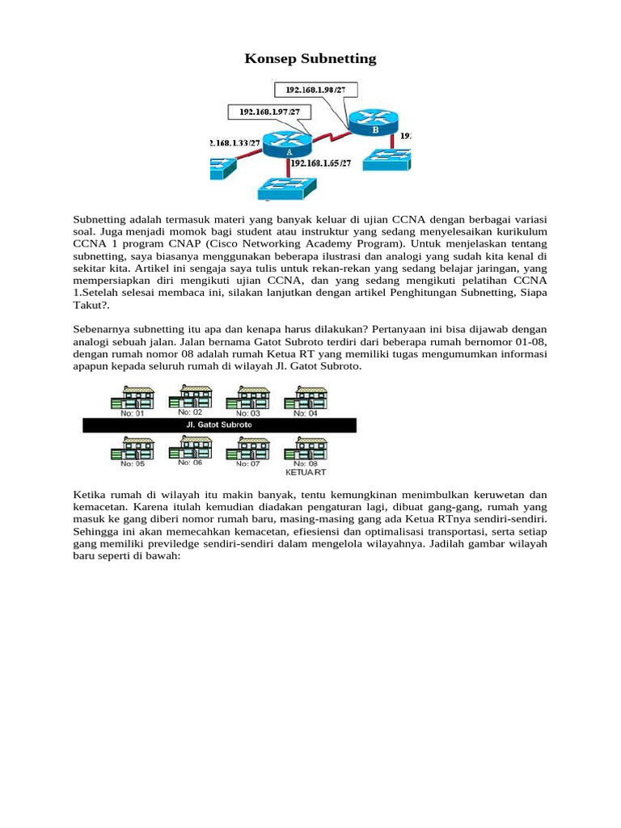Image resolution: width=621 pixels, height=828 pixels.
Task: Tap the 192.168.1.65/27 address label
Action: pyautogui.click(x=321, y=163)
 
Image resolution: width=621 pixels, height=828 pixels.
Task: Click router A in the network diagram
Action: pyautogui.click(x=289, y=145)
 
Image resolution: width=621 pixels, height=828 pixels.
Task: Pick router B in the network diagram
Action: pyautogui.click(x=374, y=122)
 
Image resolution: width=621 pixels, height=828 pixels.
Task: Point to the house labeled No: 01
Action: pyautogui.click(x=133, y=399)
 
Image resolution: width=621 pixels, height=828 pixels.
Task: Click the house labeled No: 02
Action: pyautogui.click(x=191, y=397)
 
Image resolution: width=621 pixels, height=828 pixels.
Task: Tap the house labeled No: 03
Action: pyautogui.click(x=248, y=398)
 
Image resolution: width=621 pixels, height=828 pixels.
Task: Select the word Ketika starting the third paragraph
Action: pyautogui.click(x=90, y=494)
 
